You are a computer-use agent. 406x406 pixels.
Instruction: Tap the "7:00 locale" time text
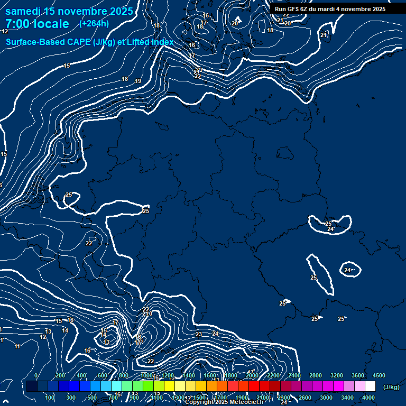[37, 24]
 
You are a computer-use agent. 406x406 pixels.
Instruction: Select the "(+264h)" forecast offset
[94, 23]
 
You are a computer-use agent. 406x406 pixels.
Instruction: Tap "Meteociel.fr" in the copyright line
[245, 402]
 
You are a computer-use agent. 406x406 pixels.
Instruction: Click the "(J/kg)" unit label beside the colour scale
[391, 387]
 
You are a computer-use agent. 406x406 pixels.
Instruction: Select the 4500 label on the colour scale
[379, 375]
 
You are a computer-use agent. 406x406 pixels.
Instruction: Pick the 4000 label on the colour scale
[368, 398]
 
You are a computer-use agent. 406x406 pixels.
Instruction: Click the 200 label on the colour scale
[60, 375]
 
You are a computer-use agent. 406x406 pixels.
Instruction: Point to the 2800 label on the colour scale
[316, 375]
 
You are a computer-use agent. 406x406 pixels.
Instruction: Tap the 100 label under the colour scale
[50, 398]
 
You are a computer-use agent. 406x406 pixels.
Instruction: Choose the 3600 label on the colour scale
[358, 375]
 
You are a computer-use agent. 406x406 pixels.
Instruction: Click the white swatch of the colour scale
[370, 386]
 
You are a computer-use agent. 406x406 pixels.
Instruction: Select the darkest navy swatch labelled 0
[32, 386]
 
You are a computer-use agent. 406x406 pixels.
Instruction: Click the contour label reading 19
[138, 81]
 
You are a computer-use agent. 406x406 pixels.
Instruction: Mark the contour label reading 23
[199, 334]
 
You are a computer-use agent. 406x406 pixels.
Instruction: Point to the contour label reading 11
[17, 346]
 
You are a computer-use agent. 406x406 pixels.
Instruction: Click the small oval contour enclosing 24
[349, 269]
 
